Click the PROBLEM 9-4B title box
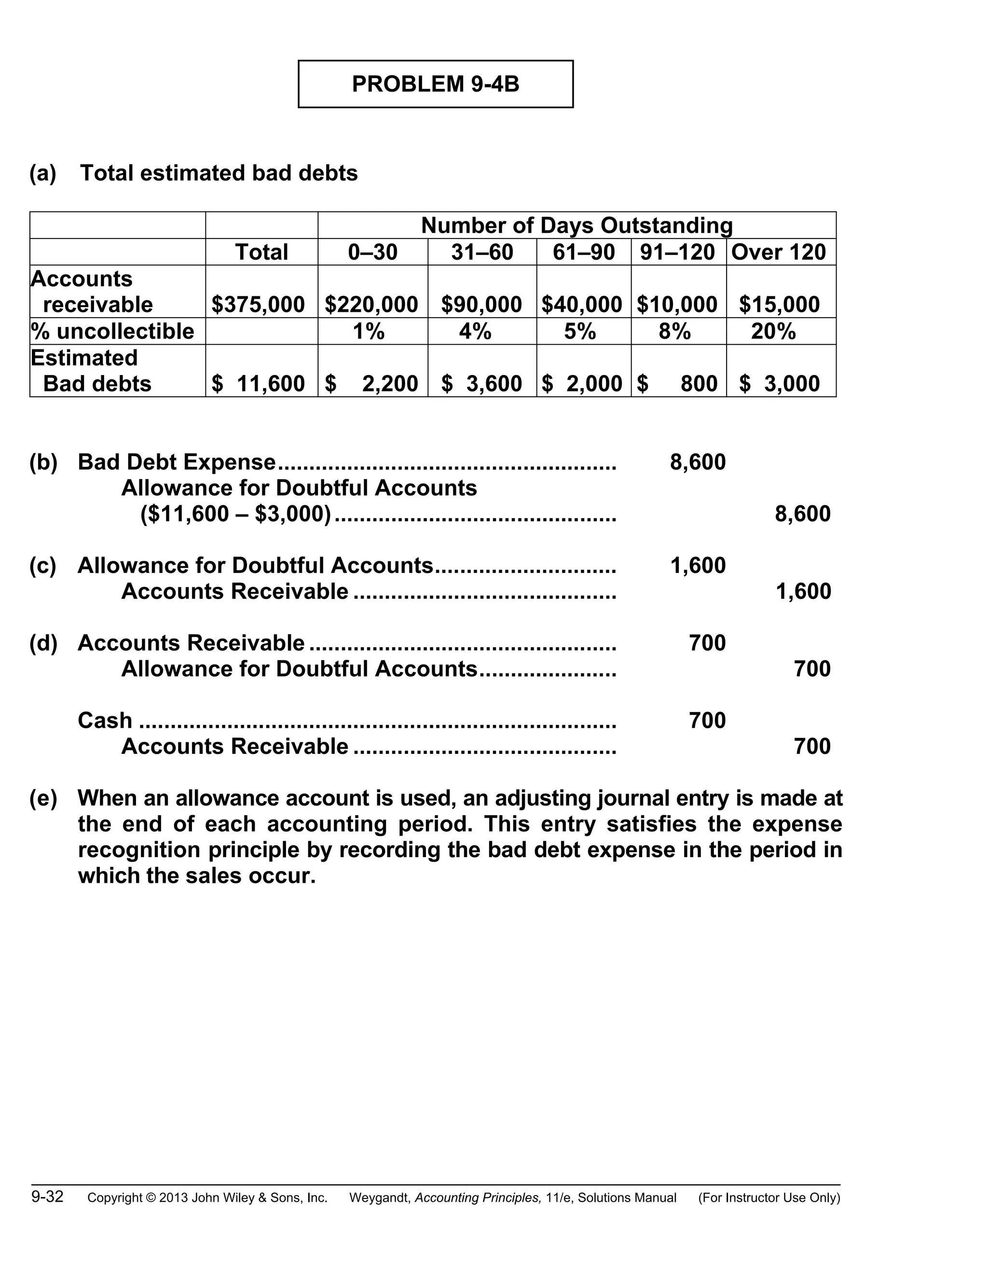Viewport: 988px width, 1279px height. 436,84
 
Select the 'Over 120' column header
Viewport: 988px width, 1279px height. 779,252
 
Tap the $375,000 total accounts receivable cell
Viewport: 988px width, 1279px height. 258,305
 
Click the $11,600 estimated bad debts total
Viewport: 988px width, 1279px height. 258,384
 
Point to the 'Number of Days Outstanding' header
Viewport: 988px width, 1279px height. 576,225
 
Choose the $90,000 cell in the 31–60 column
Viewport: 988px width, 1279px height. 481,305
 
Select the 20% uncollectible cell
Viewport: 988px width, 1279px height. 773,332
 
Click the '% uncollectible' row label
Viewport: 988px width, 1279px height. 112,332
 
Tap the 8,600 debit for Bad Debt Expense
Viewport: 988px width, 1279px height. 698,462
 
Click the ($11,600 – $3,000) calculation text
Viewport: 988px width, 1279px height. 236,514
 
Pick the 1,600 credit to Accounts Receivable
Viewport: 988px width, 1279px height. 803,592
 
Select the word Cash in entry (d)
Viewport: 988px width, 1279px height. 105,720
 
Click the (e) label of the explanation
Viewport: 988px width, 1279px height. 43,798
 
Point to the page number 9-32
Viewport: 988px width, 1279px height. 47,1196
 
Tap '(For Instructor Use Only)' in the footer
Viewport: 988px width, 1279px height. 769,1197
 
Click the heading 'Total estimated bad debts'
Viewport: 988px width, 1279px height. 219,173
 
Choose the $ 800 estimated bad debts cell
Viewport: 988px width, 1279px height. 677,384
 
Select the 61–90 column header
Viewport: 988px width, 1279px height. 584,252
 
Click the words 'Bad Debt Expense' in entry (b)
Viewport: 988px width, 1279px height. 177,462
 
